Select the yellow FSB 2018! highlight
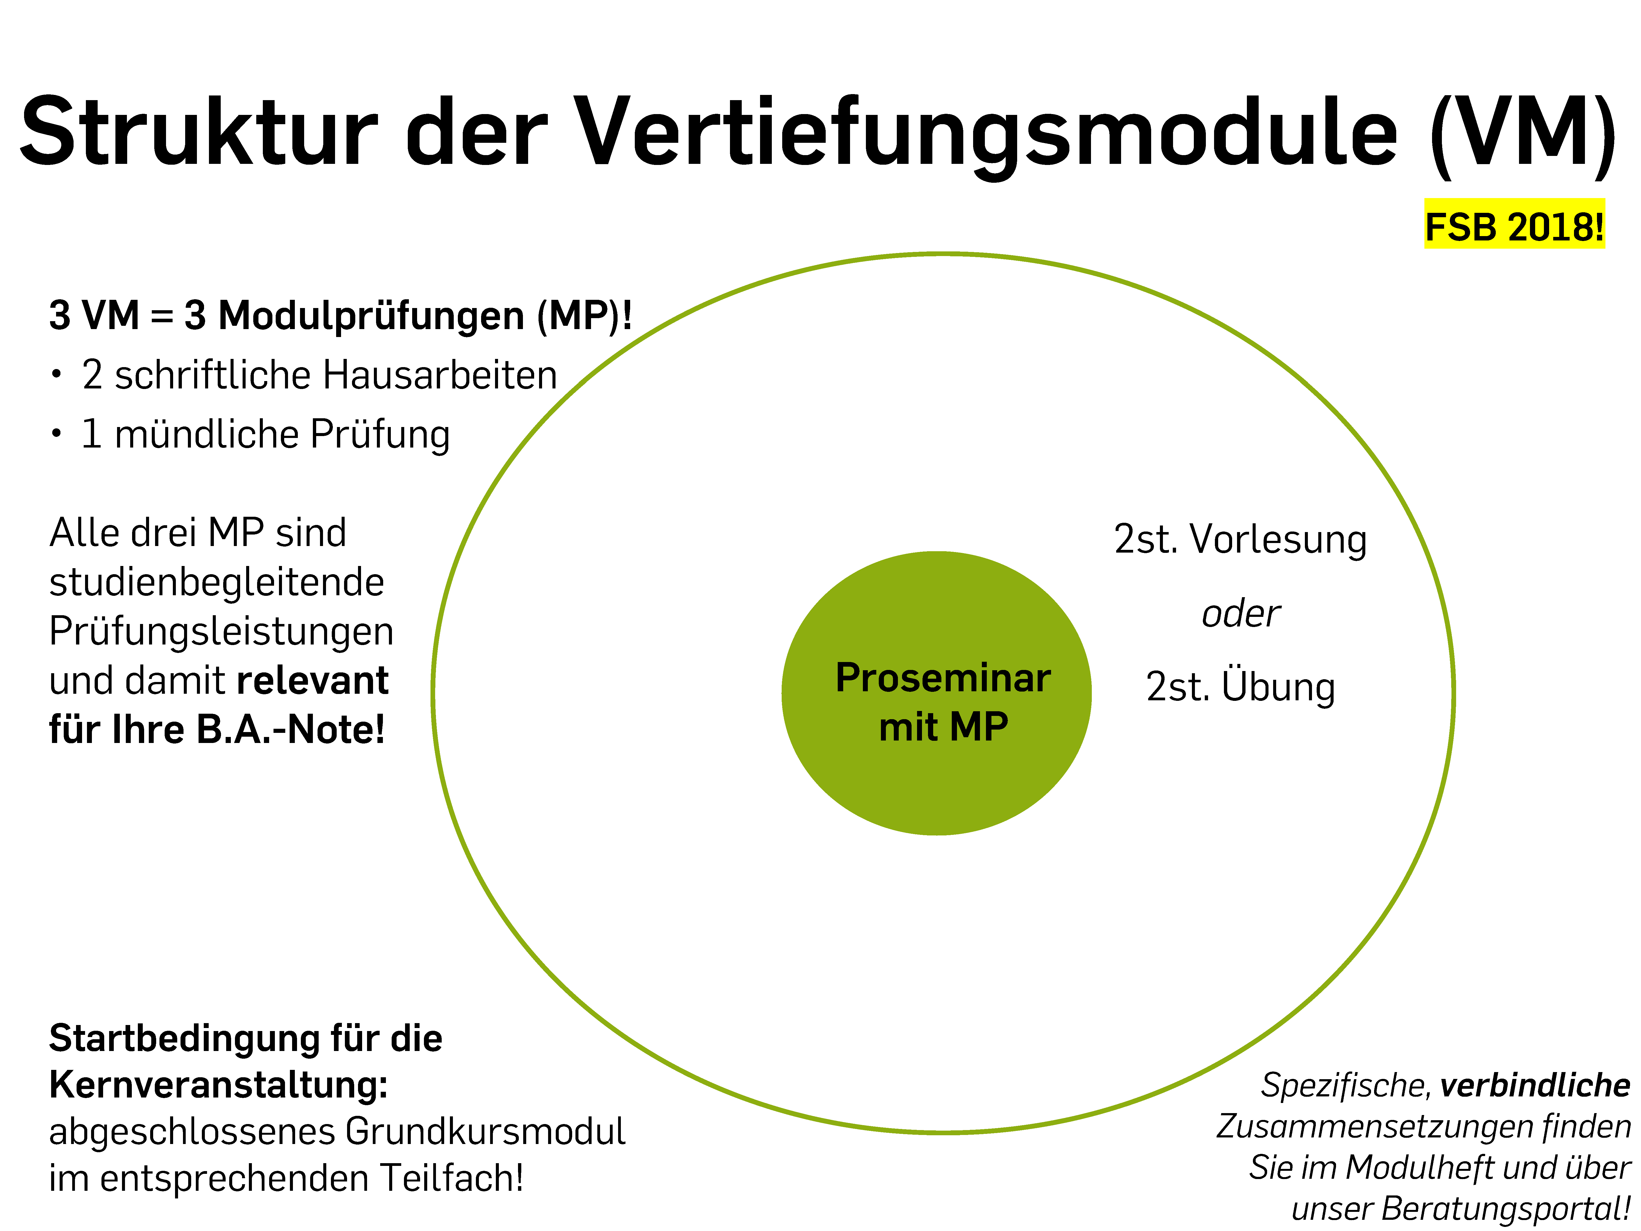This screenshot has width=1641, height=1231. (1514, 224)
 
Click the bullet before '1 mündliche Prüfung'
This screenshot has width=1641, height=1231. (56, 433)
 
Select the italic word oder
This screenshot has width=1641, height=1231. (1241, 614)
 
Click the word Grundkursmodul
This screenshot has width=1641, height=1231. (485, 1132)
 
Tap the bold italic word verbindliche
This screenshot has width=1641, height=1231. (1535, 1085)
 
